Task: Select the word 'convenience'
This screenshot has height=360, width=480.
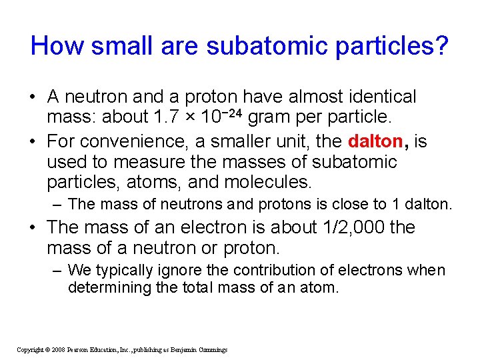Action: [133, 141]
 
